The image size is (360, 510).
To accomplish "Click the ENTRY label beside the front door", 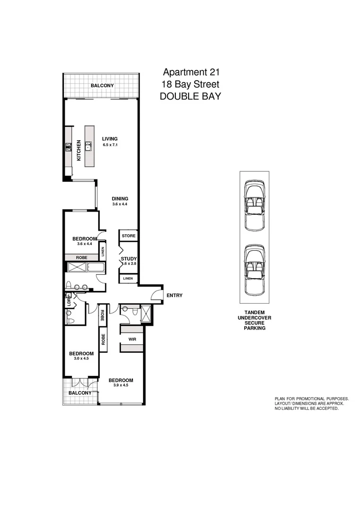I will [x=174, y=296].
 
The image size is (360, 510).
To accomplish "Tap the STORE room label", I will [x=129, y=236].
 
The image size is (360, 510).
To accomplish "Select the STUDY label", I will [x=129, y=259].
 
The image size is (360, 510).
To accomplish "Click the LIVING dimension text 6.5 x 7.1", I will [x=110, y=145].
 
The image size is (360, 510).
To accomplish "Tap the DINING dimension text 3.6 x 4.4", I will [x=120, y=204].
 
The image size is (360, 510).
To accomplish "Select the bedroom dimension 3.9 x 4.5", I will [x=120, y=386].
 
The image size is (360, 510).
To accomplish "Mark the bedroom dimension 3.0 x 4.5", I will [x=81, y=359].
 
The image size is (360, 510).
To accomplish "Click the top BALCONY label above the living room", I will [x=103, y=85].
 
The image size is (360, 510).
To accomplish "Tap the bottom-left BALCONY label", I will [x=80, y=393].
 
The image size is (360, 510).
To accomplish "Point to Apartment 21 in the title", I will [x=191, y=72].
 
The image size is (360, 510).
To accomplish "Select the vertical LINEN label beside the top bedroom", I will [x=102, y=250].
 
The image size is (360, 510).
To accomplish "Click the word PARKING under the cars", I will [x=254, y=328].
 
